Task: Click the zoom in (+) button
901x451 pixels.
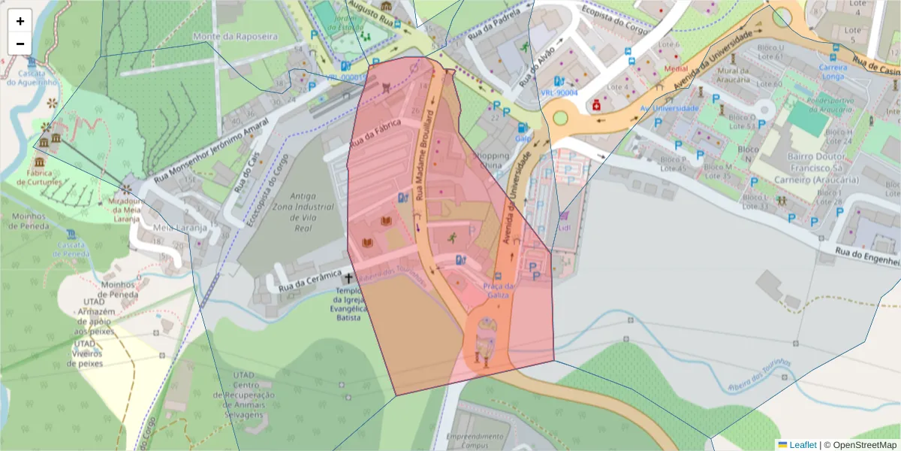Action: (x=20, y=21)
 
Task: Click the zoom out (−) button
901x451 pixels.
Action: (x=20, y=44)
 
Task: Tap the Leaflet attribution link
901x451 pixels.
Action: (x=802, y=444)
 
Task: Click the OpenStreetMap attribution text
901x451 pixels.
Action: (x=864, y=444)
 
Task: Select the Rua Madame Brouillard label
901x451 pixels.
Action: (x=425, y=154)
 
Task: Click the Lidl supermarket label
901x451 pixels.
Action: (x=564, y=228)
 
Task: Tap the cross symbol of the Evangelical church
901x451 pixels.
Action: (x=348, y=279)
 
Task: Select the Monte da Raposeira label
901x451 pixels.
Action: (x=234, y=36)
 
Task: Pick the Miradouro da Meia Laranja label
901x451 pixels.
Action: (x=124, y=210)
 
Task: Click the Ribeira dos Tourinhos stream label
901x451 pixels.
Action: (x=760, y=375)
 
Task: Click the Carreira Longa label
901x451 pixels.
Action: (x=833, y=71)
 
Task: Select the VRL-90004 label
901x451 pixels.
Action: (x=559, y=92)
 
